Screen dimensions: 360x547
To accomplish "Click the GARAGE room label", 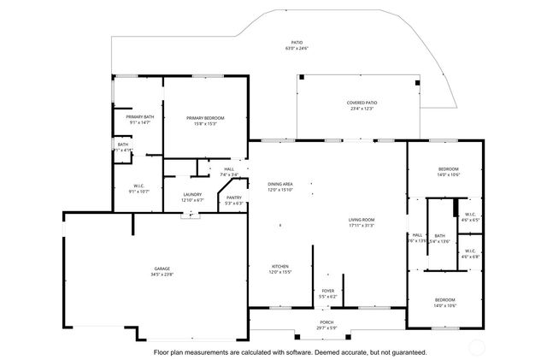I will point(162,269).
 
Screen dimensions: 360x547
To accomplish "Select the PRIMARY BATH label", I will point(140,116).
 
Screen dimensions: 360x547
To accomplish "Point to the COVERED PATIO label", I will point(362,103).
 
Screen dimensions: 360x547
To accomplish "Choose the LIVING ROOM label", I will point(362,220).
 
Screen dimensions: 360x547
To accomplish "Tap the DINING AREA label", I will point(280,184).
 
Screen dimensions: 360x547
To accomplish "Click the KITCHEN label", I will point(280,266).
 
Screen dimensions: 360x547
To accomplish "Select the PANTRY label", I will point(234,198).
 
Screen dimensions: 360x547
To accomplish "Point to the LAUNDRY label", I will point(192,194).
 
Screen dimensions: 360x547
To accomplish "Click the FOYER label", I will point(327,291).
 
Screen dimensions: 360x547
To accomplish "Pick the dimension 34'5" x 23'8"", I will point(162,274).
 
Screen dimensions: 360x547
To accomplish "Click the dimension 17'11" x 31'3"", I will point(362,226).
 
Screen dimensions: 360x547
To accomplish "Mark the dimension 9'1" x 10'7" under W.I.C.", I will point(139,192).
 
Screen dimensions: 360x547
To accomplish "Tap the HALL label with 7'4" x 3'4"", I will point(229,169).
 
